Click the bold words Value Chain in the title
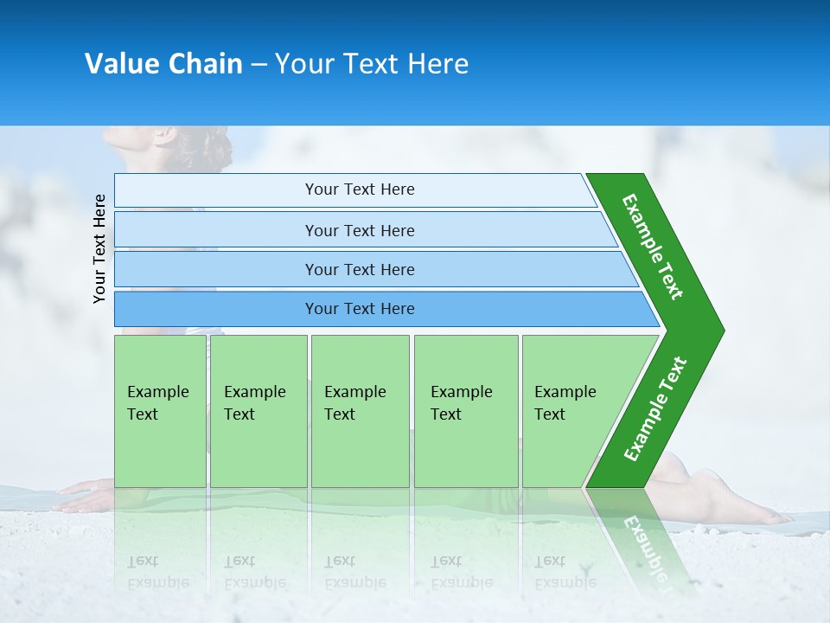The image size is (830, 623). (163, 64)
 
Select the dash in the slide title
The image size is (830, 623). (259, 65)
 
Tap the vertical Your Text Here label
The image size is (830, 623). (99, 248)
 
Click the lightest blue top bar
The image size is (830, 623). (354, 189)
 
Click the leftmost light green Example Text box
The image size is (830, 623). (160, 411)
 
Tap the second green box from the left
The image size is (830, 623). (258, 411)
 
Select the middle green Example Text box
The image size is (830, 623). (360, 411)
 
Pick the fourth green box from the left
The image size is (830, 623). (465, 411)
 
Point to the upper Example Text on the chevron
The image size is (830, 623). (654, 247)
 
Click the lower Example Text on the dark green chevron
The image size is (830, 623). (655, 409)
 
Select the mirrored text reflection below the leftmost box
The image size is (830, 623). (158, 571)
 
